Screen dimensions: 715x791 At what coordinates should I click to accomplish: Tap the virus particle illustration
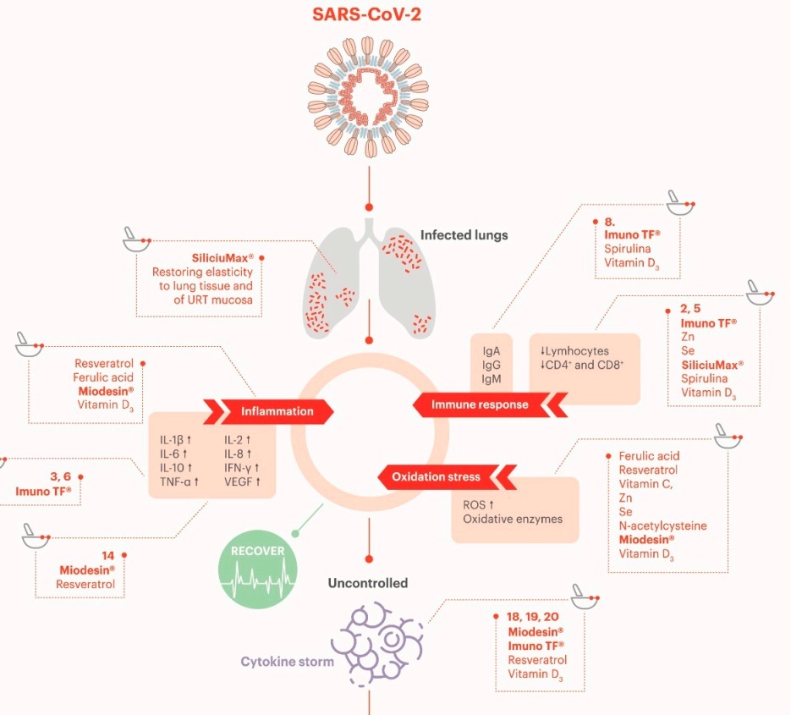coord(369,96)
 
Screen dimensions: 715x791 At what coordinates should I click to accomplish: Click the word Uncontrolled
coord(368,583)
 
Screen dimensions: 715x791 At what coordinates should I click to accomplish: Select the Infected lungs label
coord(464,234)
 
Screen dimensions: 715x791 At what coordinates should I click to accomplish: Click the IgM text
coord(492,378)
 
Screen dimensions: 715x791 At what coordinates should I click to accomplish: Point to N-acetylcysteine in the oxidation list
coord(662,525)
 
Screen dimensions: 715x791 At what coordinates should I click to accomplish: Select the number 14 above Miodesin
coord(108,556)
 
